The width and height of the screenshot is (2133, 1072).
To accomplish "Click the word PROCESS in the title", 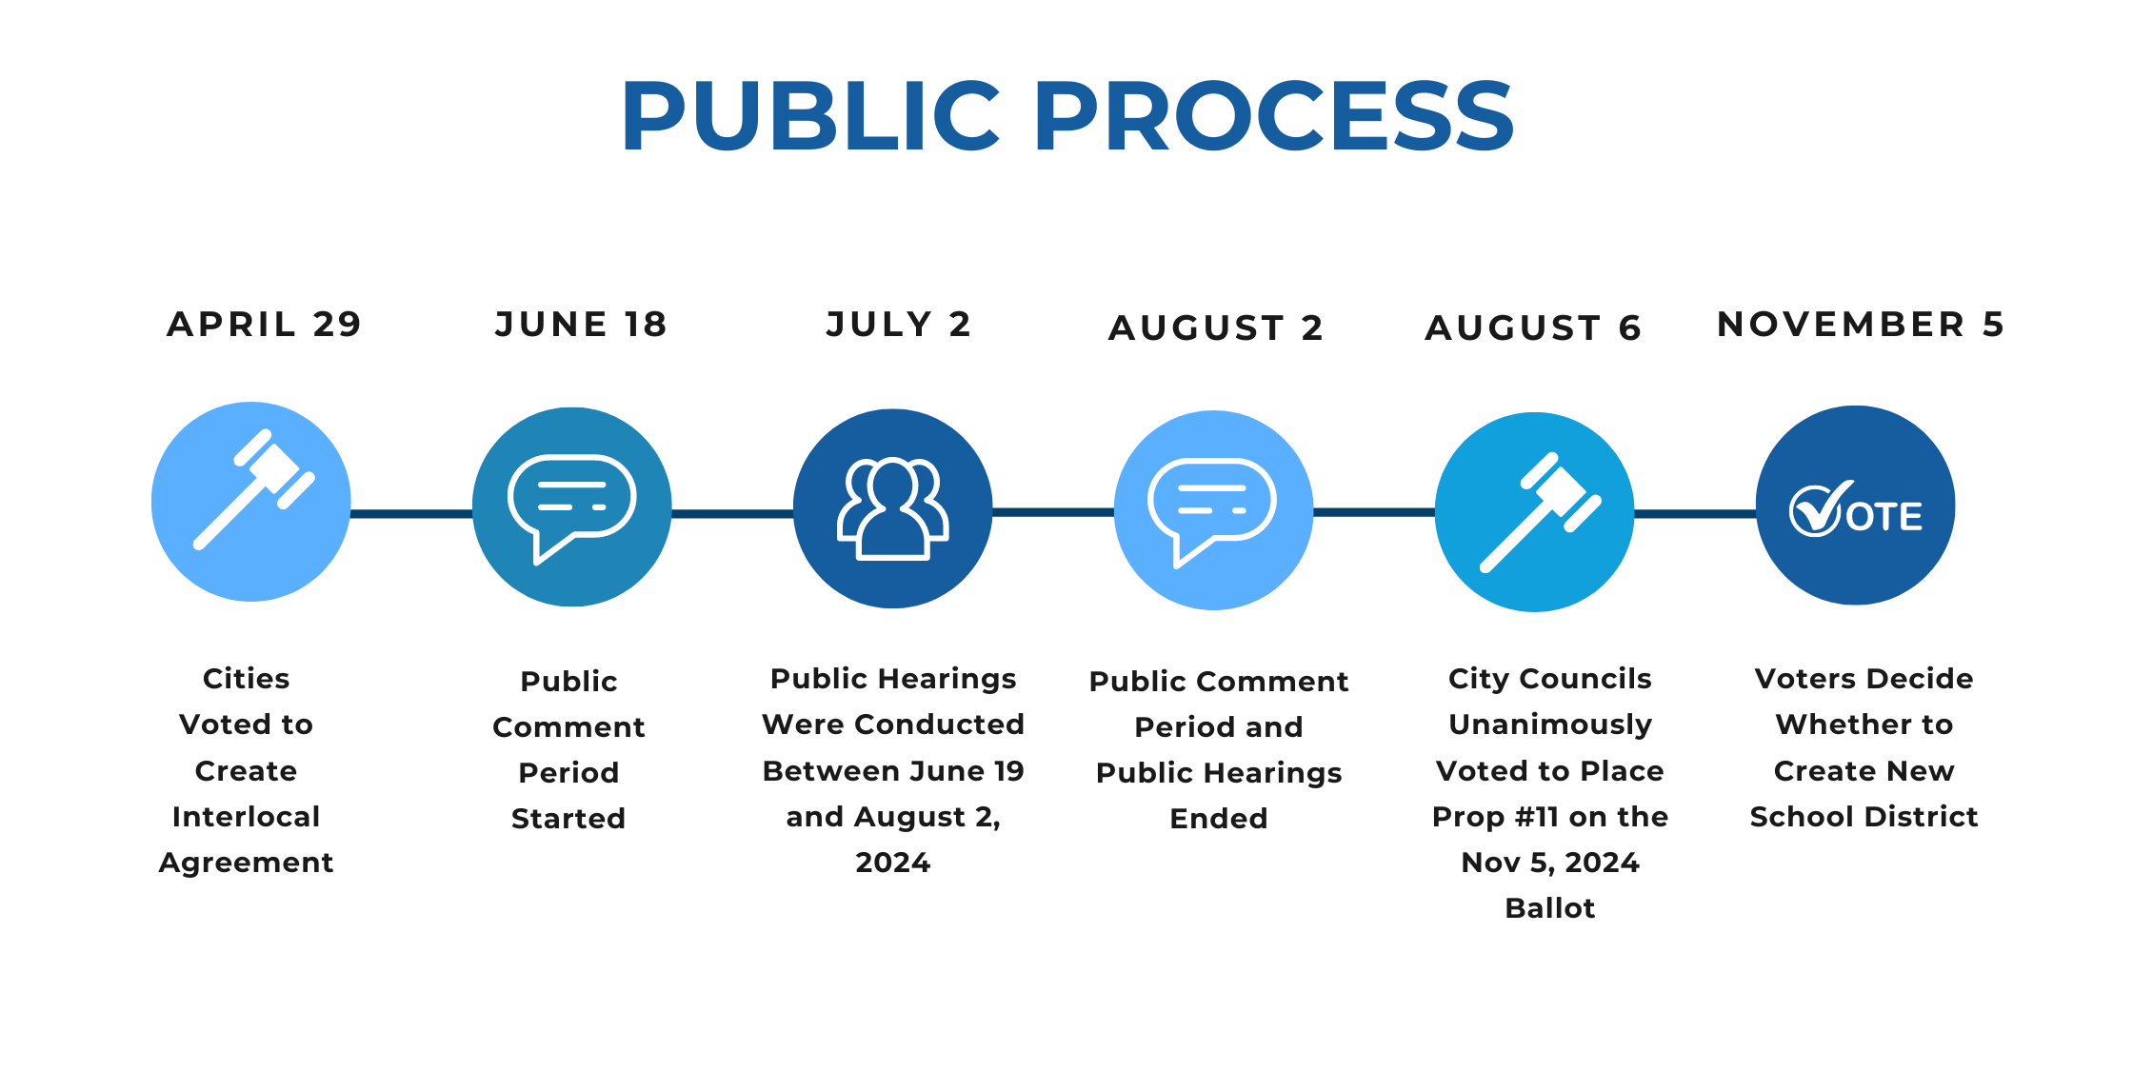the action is (1276, 116).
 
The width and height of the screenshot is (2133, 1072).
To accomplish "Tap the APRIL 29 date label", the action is (265, 325).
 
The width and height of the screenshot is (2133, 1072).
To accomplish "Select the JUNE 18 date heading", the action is (581, 325).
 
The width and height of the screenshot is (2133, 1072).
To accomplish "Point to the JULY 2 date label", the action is (898, 325).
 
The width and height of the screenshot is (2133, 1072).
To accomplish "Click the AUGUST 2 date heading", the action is (1216, 328).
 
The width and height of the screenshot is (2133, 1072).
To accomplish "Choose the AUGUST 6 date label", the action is (1533, 328).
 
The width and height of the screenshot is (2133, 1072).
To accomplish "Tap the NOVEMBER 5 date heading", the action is (1861, 325).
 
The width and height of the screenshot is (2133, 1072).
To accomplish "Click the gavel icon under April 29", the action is (253, 489).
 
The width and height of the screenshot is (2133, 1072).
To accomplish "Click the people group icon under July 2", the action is (892, 509).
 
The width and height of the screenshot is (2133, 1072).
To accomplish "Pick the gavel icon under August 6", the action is (1540, 512).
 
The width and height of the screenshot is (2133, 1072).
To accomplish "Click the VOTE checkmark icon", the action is (1855, 509).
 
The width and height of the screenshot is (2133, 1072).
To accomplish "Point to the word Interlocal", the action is (246, 817).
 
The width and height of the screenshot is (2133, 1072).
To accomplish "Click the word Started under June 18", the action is (568, 819).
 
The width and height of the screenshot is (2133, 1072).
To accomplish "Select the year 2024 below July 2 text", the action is (892, 863).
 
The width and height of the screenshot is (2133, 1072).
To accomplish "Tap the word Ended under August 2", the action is (1219, 819).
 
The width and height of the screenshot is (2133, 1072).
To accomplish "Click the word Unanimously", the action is (1550, 725).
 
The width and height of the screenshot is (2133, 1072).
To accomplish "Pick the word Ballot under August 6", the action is (1550, 908).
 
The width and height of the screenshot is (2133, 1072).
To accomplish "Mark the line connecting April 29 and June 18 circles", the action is (411, 514).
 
